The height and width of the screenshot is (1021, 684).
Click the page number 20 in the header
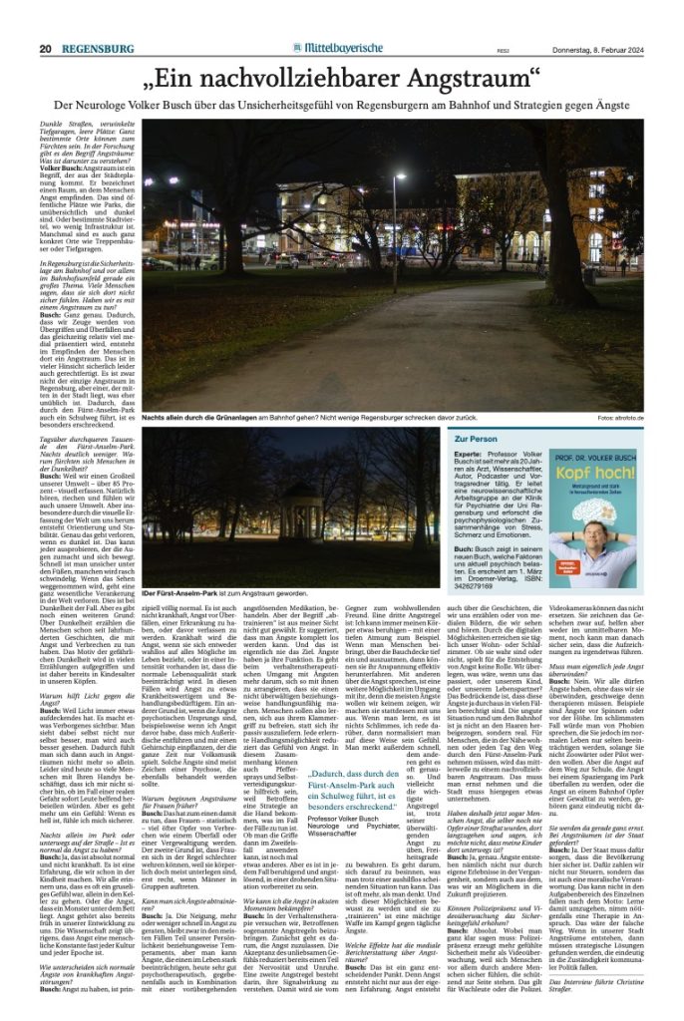46,21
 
